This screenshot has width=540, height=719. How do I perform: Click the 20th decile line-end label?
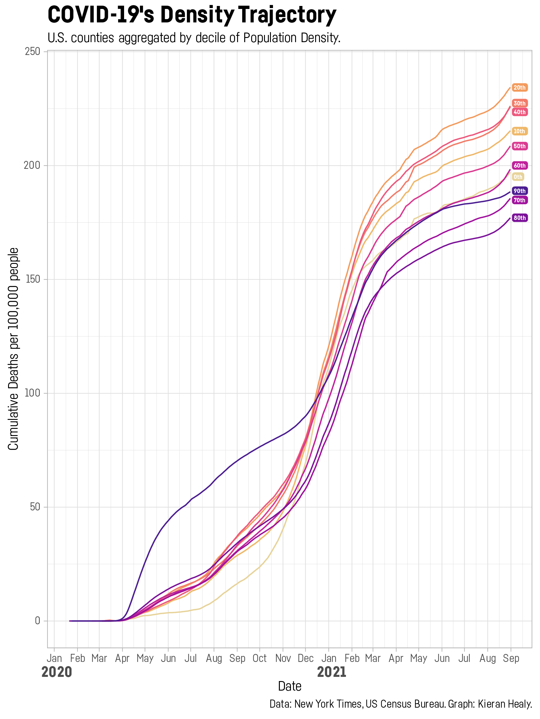(x=519, y=88)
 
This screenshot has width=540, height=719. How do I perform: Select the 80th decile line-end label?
(x=519, y=218)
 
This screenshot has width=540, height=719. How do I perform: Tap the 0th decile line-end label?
(x=518, y=177)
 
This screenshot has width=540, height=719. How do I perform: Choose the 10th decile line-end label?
(x=519, y=131)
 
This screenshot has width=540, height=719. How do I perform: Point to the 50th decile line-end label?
(x=519, y=146)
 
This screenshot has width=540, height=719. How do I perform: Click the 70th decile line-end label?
(x=519, y=200)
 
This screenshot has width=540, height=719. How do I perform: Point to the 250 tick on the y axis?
(x=32, y=52)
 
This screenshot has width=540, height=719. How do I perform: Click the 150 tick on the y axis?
(x=32, y=279)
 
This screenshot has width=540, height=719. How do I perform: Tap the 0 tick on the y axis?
(x=37, y=621)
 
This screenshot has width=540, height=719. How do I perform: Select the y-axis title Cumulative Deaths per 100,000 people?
(x=13, y=349)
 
